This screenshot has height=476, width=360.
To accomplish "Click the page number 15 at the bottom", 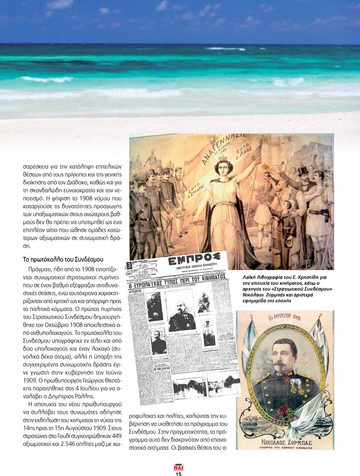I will [x=179, y=474].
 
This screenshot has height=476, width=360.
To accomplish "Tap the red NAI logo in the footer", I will [x=179, y=467].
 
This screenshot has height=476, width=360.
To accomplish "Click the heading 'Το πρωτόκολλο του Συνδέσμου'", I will [x=63, y=259].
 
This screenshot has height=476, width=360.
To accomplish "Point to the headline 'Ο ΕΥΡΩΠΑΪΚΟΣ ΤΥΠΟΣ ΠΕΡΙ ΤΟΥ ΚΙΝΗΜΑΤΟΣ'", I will [x=177, y=280].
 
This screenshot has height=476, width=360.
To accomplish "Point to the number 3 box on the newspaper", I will [x=129, y=266].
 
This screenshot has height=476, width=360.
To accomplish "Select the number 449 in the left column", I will [x=117, y=436].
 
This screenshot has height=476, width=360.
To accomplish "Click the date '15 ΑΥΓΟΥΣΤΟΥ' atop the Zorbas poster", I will [x=285, y=316].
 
